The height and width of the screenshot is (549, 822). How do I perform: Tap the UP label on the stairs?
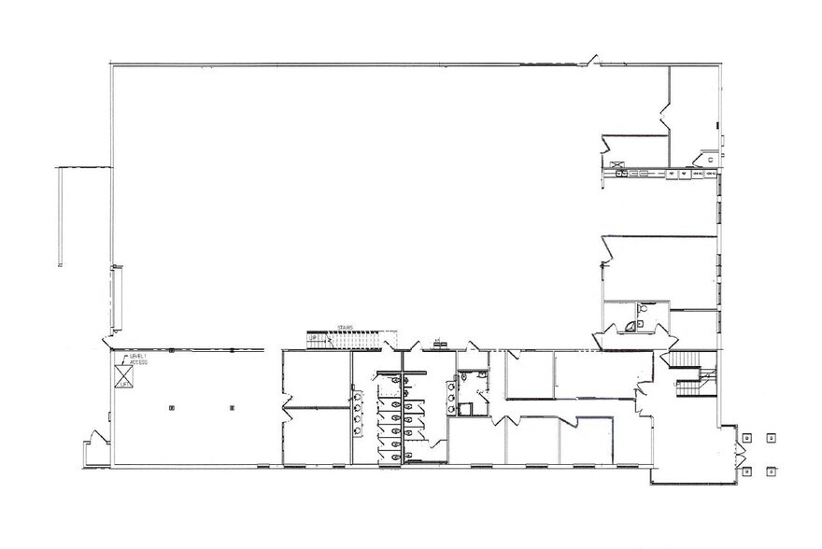[313, 339]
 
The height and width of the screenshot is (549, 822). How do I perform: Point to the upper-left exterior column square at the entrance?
[746, 437]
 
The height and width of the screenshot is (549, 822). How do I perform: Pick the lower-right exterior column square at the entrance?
[770, 472]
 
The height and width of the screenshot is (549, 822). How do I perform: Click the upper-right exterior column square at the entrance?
[770, 437]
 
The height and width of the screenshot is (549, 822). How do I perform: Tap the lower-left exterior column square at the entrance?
[746, 472]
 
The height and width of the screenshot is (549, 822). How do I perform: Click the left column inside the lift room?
[172, 409]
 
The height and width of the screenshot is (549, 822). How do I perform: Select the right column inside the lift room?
[231, 409]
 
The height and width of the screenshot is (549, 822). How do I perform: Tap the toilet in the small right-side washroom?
[643, 308]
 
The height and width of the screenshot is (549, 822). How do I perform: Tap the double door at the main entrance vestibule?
[740, 455]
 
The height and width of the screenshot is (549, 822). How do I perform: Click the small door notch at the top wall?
[591, 62]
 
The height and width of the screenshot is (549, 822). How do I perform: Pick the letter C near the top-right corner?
[709, 160]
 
